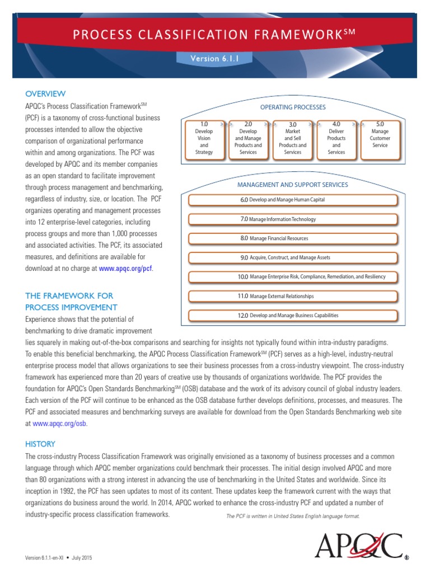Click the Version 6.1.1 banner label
(215, 58)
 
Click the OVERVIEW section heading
(45, 93)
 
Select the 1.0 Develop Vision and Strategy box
(204, 138)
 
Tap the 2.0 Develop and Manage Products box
(248, 138)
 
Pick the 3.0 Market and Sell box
(292, 138)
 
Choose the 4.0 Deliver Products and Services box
(336, 138)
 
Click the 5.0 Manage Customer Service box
(380, 138)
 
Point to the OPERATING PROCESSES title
(292, 107)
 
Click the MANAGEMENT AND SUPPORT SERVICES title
(292, 185)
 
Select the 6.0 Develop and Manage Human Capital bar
(292, 200)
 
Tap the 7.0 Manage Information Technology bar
(292, 219)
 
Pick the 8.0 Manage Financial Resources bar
(292, 238)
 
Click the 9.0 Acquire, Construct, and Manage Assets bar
(292, 257)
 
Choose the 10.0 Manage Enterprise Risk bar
(292, 277)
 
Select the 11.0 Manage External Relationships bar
(292, 296)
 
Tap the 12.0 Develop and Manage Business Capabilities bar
(292, 316)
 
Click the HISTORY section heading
(40, 444)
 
